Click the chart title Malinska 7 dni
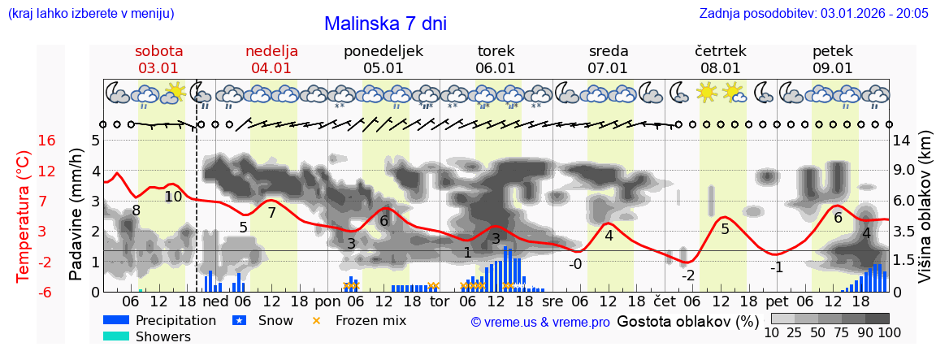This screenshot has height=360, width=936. click(385, 24)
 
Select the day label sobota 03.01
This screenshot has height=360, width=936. click(158, 59)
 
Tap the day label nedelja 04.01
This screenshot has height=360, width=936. click(271, 59)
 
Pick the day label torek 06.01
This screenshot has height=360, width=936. click(496, 59)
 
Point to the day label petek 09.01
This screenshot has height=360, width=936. click(833, 59)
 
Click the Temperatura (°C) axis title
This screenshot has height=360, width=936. click(24, 215)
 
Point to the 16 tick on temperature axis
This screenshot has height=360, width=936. click(47, 141)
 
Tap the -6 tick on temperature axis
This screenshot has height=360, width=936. click(47, 292)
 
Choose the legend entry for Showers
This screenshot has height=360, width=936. click(162, 336)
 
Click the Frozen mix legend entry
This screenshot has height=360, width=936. click(370, 320)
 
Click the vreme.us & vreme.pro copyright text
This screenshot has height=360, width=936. click(540, 323)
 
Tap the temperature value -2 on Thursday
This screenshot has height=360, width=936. click(687, 275)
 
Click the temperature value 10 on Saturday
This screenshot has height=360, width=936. click(173, 196)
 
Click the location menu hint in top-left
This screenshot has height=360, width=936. click(90, 14)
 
